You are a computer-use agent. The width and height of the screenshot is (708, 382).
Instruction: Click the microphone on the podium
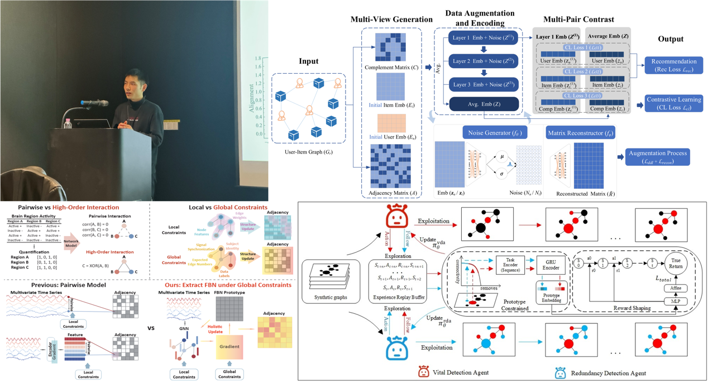click(95, 103)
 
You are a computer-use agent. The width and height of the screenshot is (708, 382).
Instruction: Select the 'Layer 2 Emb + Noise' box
click(484, 60)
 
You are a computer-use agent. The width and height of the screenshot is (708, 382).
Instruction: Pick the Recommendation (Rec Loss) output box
click(669, 65)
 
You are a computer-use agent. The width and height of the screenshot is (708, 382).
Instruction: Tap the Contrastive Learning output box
click(670, 103)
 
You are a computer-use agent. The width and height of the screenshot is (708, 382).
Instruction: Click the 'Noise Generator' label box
click(487, 133)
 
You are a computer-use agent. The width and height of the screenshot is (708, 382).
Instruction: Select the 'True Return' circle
click(675, 264)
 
